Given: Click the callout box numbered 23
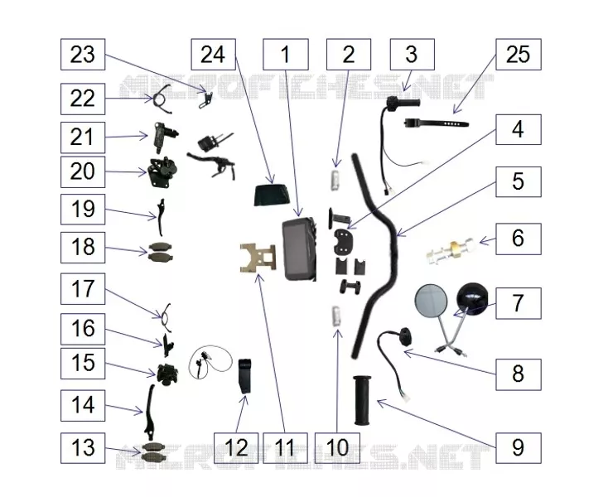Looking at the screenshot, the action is (83, 55).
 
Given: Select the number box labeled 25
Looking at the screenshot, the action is (519, 55).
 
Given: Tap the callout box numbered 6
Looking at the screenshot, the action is (519, 239).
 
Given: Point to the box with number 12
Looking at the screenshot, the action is (236, 448).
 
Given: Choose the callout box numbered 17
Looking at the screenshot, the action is (83, 289).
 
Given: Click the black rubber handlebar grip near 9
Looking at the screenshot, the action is (362, 400).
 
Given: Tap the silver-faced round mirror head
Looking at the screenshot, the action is (431, 302).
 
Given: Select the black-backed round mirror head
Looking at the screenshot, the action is (473, 298).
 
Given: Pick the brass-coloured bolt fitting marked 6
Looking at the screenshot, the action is (451, 250).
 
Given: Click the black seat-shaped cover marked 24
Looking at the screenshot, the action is (273, 195).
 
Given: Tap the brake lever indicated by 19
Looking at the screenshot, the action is (161, 217).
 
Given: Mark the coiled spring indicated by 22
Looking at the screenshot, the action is (161, 99).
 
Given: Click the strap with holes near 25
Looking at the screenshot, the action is (437, 123).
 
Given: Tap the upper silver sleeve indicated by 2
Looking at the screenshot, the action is (335, 180).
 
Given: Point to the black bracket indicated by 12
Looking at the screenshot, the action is (244, 376).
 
